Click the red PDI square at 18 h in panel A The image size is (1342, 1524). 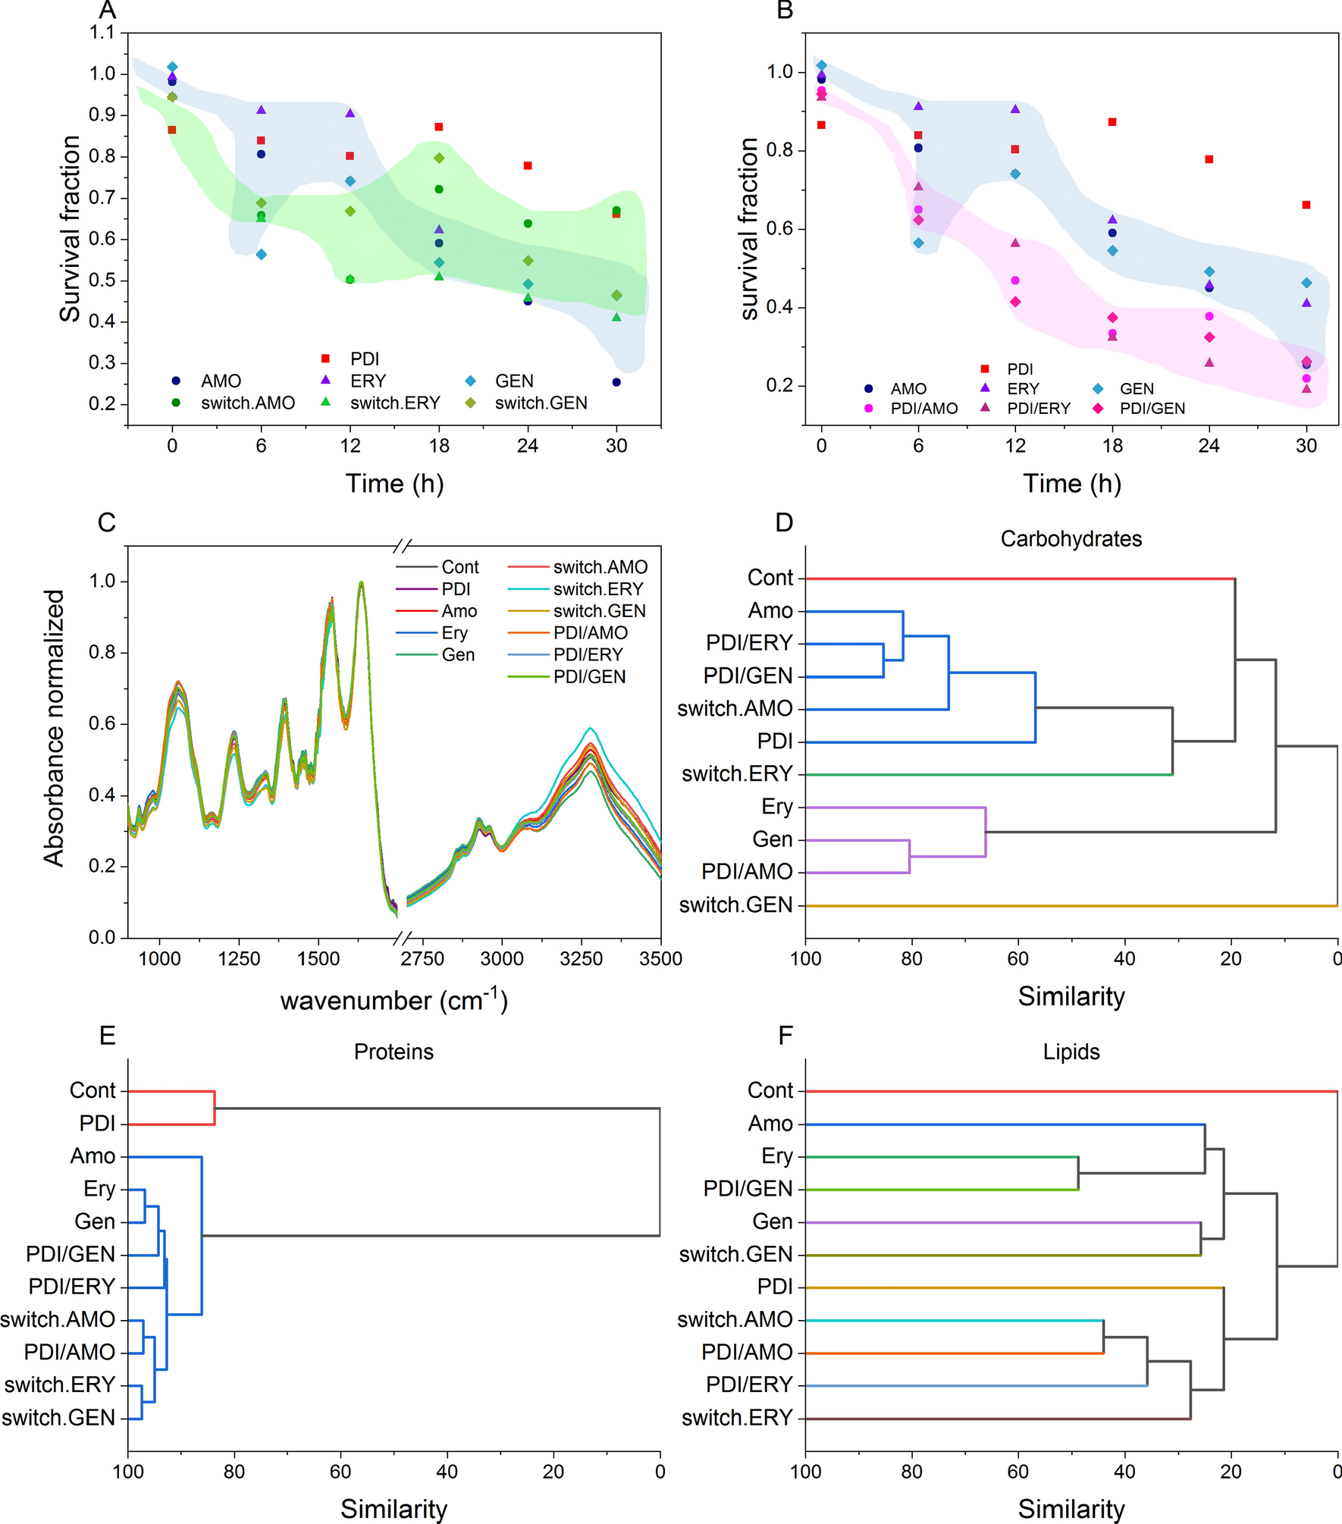[439, 127]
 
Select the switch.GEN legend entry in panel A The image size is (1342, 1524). [541, 403]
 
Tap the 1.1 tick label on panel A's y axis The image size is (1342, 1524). [102, 33]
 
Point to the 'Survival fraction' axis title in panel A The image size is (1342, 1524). [70, 229]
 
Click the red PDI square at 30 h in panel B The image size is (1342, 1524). [1306, 205]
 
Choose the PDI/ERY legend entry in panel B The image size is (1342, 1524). [1038, 409]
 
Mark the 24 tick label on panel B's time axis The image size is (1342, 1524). [1209, 446]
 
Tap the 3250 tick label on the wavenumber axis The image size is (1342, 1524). [581, 959]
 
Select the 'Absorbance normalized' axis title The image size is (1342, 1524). [54, 728]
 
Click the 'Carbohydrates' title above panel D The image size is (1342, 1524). [1071, 539]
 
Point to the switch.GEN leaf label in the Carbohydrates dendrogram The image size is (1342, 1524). [735, 905]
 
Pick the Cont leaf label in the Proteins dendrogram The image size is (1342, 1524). [92, 1090]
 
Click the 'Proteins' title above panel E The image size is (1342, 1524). [394, 1052]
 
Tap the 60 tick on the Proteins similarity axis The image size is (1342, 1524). [340, 1472]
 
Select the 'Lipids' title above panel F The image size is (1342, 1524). [1071, 1052]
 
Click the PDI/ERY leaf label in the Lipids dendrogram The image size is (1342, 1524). [748, 1384]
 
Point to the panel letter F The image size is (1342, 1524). [785, 1036]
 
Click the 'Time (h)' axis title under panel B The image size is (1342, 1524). [1071, 484]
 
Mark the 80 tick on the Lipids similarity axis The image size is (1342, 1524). [911, 1472]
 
